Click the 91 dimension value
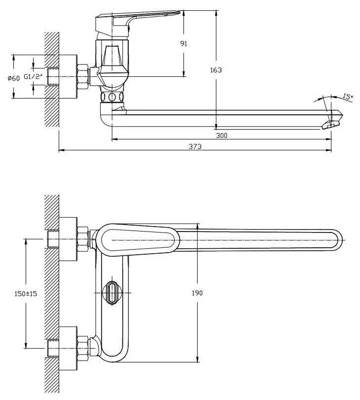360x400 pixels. click(184, 43)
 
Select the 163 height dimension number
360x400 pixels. click(216, 70)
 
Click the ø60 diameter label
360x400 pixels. click(13, 78)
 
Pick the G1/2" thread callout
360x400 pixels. click(34, 77)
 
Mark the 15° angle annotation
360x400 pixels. click(348, 97)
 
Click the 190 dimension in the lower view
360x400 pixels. click(197, 293)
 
